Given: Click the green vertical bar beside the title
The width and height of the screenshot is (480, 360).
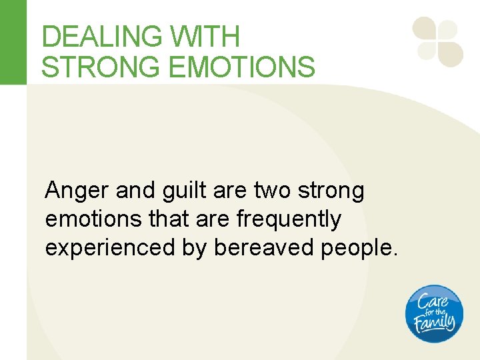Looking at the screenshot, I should click(13, 42).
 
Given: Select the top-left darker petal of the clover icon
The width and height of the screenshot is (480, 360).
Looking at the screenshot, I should click(425, 29).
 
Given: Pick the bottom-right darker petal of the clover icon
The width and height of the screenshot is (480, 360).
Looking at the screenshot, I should click(451, 54).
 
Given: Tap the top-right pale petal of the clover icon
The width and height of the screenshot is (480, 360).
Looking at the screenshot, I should click(448, 29).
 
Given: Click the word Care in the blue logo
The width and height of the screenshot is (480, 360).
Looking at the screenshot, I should click(433, 301).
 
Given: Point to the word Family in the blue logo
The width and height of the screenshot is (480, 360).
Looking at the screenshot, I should click(434, 324).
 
